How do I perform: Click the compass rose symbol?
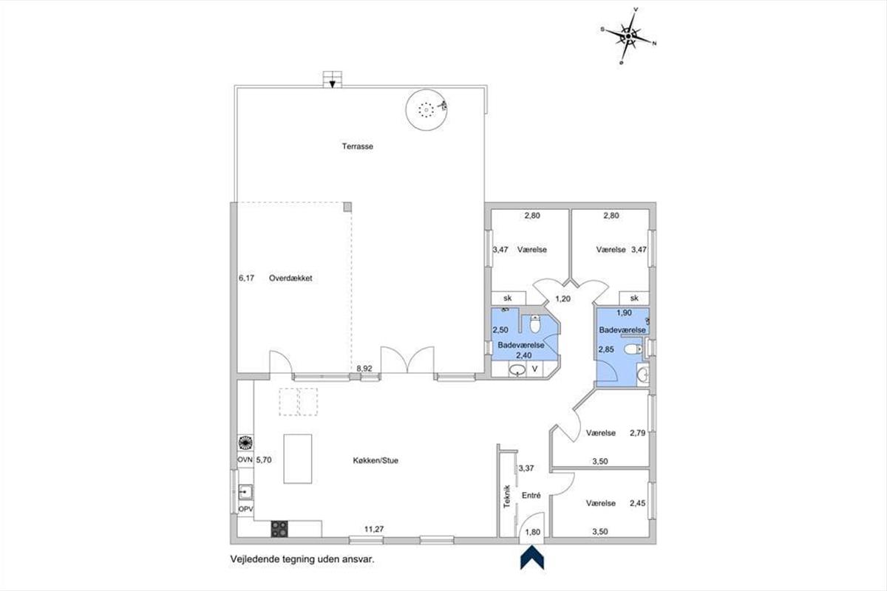[628, 36]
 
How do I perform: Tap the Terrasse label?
[358, 146]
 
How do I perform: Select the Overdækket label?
[290, 279]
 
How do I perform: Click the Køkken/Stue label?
[375, 460]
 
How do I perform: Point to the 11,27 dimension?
[374, 529]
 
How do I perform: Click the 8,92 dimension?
[364, 369]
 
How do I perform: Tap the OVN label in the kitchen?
[245, 460]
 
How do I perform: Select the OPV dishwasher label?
[245, 509]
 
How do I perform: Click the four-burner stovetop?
[279, 529]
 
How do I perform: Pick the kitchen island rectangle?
[298, 459]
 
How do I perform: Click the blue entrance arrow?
[531, 557]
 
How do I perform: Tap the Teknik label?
[506, 496]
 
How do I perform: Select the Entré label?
[531, 496]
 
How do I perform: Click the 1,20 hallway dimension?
[563, 299]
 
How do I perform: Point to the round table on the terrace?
[426, 109]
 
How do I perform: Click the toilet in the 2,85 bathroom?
[633, 349]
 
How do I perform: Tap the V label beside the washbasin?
[534, 369]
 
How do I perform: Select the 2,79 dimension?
[637, 433]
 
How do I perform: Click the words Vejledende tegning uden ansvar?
[302, 560]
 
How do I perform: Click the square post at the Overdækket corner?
[347, 207]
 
